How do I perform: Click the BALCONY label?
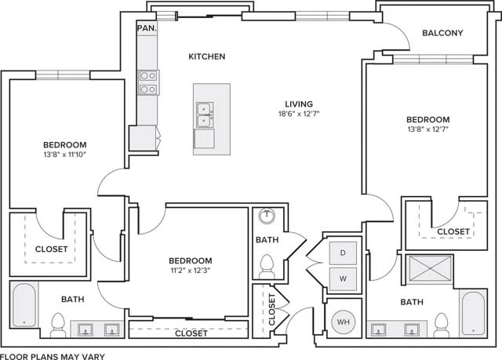442,33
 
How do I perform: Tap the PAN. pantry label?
146,27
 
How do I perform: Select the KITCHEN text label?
207,56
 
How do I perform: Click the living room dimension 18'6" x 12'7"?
299,114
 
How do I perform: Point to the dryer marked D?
343,253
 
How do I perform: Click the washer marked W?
343,278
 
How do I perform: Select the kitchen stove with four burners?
147,82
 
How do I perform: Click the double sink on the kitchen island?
205,115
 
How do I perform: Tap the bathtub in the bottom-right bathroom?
473,313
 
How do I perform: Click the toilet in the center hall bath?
266,266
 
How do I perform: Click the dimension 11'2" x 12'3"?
191,271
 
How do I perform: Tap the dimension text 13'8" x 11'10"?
64,155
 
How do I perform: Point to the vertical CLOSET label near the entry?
271,310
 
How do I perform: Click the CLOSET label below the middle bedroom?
191,333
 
